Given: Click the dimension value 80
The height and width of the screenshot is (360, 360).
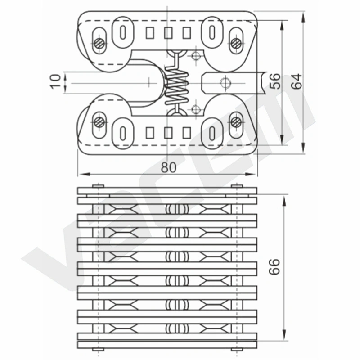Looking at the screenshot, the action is coord(168,167).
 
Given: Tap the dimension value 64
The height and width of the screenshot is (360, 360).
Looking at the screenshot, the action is coord(297,81).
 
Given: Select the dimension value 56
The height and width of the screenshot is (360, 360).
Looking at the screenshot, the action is coord(275,81).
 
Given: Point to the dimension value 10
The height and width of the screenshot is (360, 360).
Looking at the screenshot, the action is coord(55,81).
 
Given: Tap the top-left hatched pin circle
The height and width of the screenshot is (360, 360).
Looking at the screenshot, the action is coord(99,43).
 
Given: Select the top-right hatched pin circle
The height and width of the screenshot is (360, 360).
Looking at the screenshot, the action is coord(236,43).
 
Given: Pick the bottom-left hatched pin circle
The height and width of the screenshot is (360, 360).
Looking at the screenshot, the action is coord(99,122).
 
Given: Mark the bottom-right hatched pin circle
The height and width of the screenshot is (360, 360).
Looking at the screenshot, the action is coord(236,122).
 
